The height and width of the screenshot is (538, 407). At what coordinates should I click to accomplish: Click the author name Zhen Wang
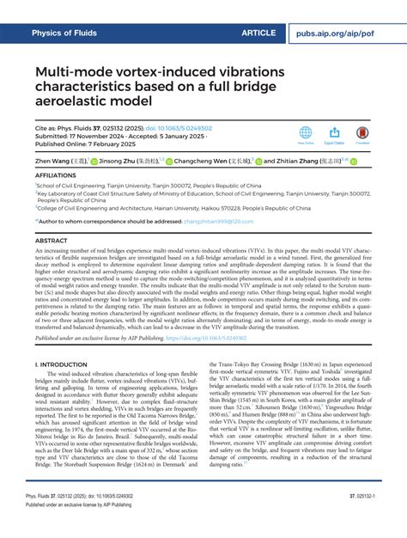pos(58,161)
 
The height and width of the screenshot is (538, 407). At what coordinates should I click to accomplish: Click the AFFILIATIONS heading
pos(53,173)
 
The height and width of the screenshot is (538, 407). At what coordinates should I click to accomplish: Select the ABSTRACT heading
pos(51,241)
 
